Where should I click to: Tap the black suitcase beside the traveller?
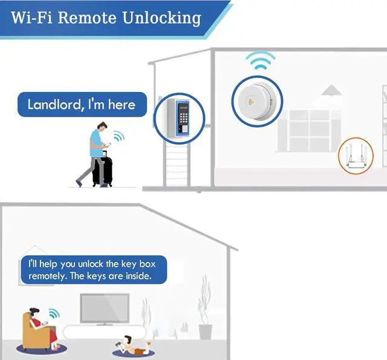point(102,169)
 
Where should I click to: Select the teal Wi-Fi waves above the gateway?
point(260,61)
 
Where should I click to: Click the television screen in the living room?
point(105,309)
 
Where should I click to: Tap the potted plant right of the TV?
point(205,315)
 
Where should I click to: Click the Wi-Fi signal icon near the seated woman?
point(54,314)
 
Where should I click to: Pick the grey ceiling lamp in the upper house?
point(331,91)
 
